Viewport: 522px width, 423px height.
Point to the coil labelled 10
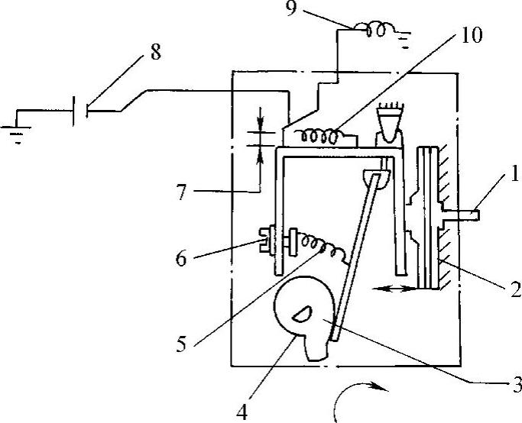point(321,137)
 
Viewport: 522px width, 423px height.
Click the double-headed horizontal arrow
point(394,288)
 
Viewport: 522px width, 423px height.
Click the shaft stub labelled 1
point(468,215)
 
